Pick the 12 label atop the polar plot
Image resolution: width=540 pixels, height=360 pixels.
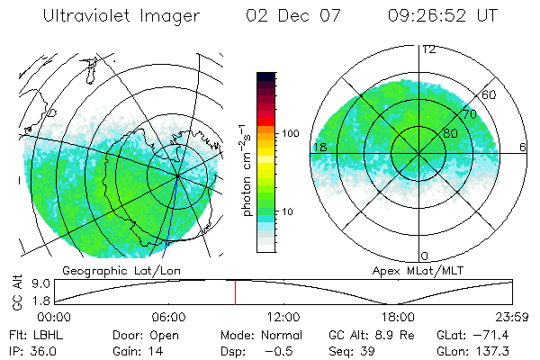[x=429, y=49]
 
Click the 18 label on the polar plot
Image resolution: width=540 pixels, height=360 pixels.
[x=319, y=148]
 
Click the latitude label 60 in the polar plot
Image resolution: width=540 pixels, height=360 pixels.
[x=490, y=94]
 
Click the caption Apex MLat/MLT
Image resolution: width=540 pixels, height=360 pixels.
[x=410, y=270]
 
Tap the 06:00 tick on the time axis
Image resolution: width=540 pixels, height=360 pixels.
[x=169, y=317]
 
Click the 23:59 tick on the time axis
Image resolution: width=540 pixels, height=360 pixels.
[x=512, y=317]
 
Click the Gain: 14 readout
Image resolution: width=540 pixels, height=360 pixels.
[x=137, y=351]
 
